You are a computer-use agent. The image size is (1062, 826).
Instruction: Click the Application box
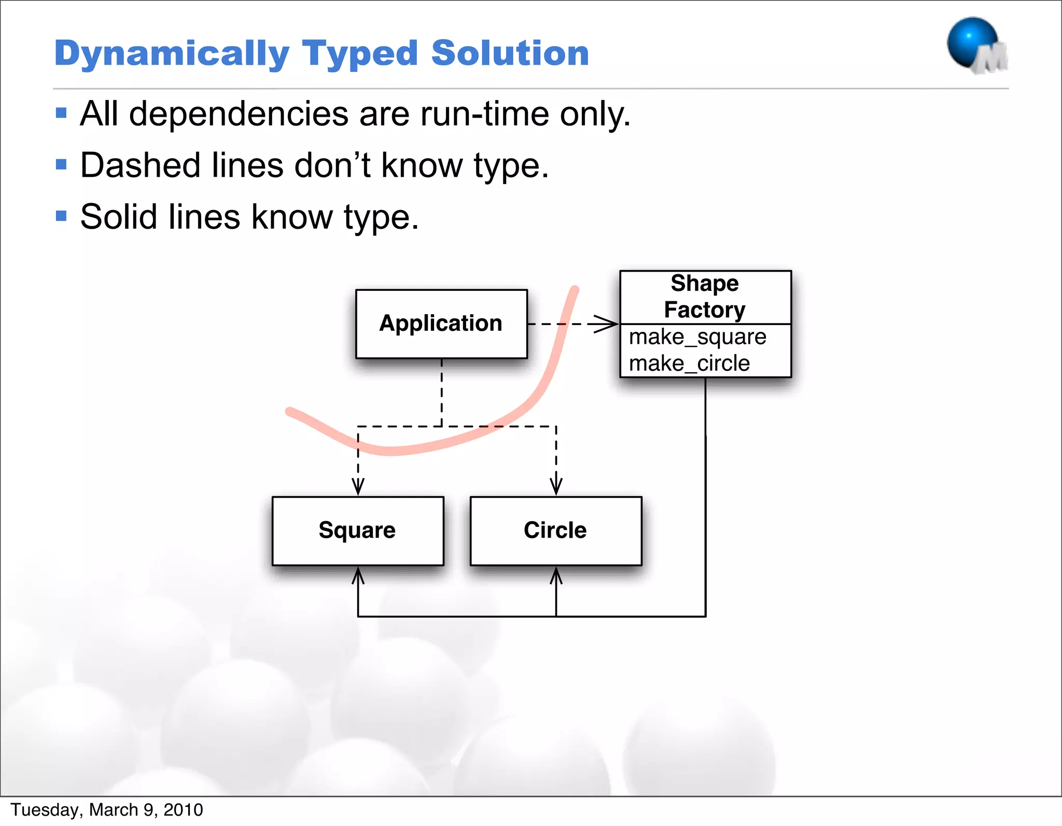pyautogui.click(x=441, y=324)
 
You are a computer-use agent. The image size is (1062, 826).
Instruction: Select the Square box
pyautogui.click(x=358, y=530)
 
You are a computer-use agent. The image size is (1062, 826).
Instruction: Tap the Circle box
pyautogui.click(x=555, y=530)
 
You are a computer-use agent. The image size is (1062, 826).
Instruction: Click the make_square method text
pyautogui.click(x=697, y=337)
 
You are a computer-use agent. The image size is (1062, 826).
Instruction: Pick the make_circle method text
pyautogui.click(x=689, y=363)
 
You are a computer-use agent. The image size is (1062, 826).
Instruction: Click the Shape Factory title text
pyautogui.click(x=705, y=297)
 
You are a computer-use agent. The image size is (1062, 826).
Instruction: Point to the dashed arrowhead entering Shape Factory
pyautogui.click(x=607, y=324)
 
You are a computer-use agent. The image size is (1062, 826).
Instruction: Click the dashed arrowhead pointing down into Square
pyautogui.click(x=358, y=486)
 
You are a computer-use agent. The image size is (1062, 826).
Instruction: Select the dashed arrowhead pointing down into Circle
pyautogui.click(x=556, y=486)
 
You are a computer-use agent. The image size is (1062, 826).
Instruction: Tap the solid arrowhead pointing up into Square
pyautogui.click(x=358, y=576)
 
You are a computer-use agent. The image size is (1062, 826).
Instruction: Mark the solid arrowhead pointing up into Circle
pyautogui.click(x=556, y=576)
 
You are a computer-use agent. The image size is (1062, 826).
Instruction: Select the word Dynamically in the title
pyautogui.click(x=172, y=54)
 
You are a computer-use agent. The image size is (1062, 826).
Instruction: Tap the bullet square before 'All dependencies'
pyautogui.click(x=61, y=113)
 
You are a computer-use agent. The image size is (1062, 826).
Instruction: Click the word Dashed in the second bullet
pyautogui.click(x=140, y=166)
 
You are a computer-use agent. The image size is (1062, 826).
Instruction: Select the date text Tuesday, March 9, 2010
pyautogui.click(x=107, y=809)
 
